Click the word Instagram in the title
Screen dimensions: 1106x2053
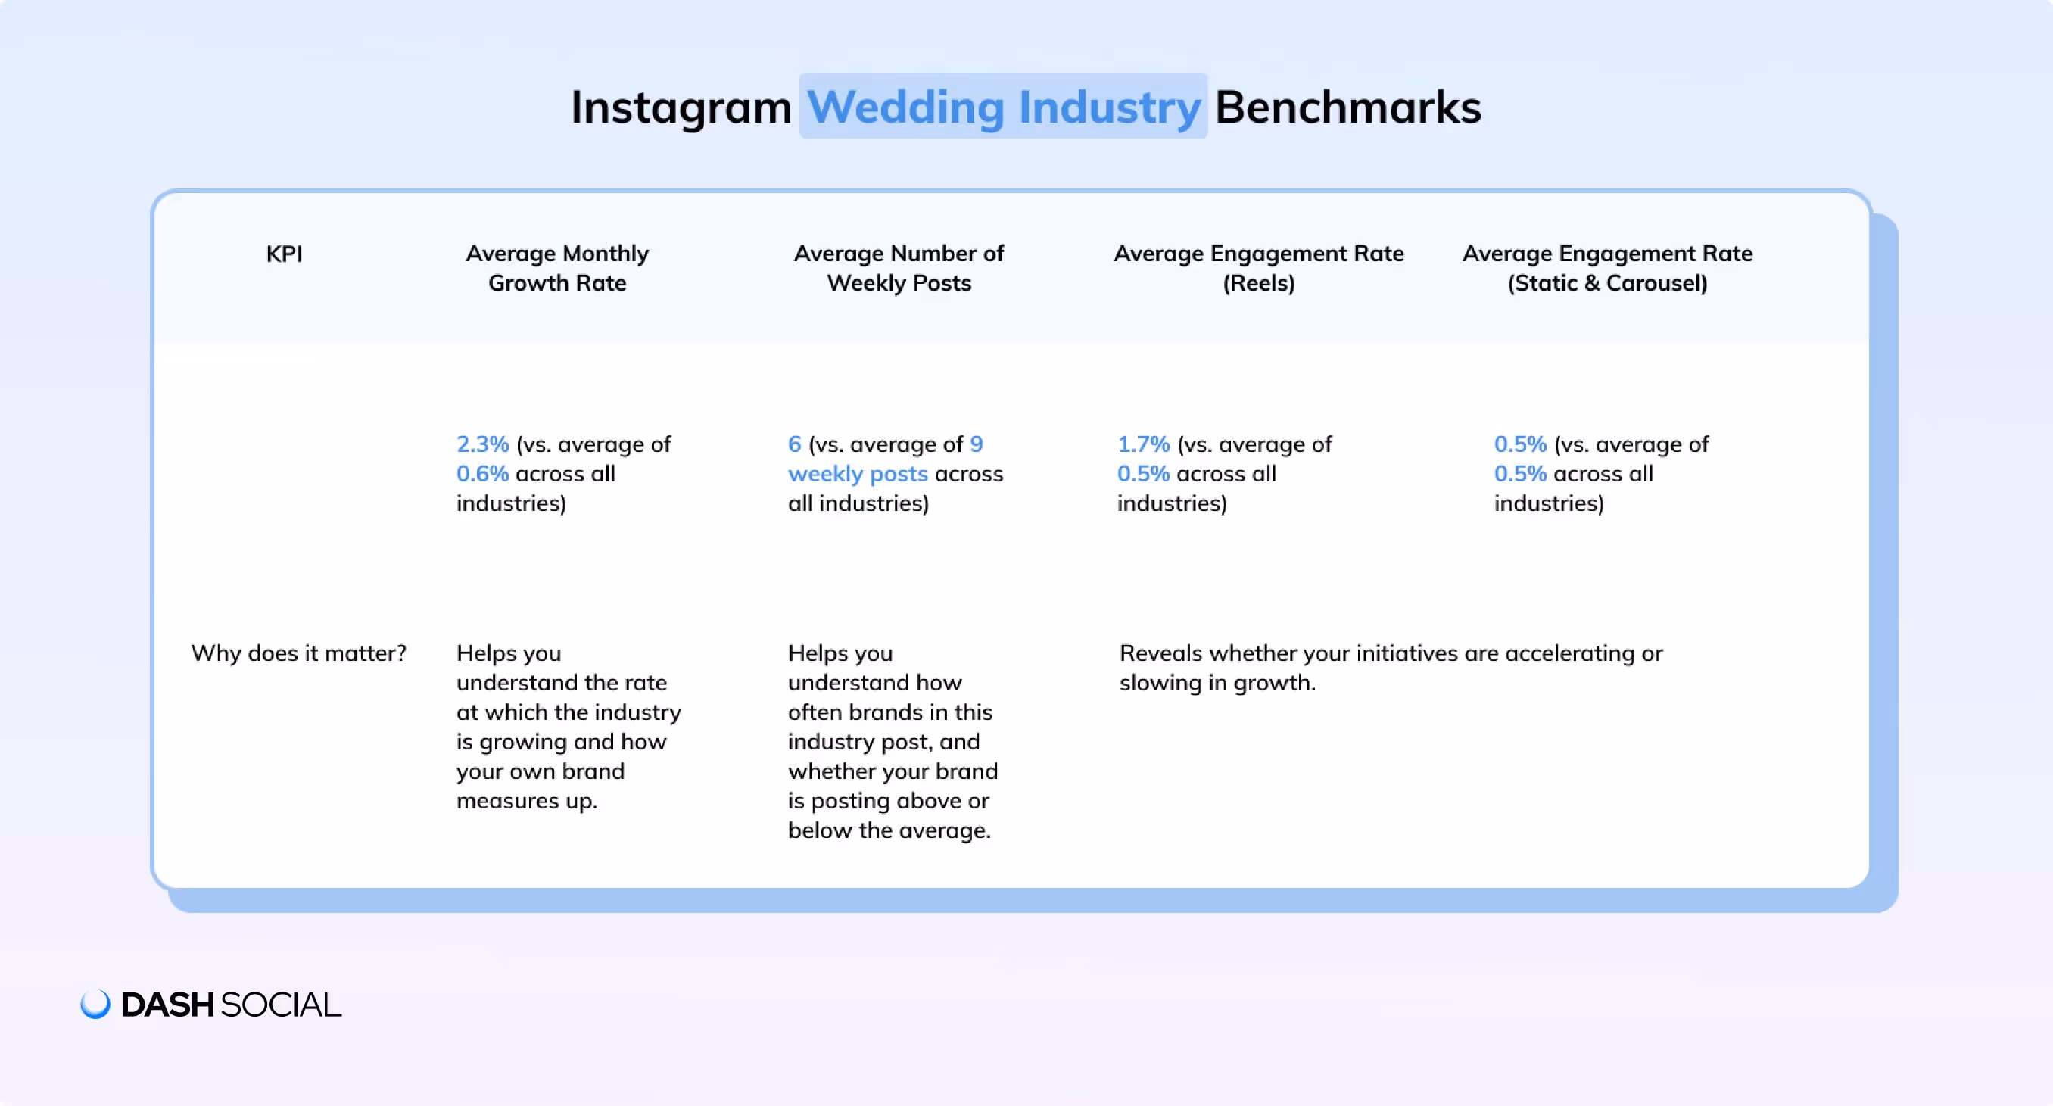681,107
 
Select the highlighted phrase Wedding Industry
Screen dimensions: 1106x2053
1003,107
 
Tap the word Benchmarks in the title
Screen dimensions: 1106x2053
1347,107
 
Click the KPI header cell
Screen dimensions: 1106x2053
284,254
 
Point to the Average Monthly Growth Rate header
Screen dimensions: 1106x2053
557,268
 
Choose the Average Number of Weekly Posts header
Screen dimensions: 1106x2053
899,268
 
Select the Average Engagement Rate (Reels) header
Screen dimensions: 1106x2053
1258,268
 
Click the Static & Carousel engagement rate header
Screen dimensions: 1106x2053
1606,268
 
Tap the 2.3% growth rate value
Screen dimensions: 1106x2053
482,444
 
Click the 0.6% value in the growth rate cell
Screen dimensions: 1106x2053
482,474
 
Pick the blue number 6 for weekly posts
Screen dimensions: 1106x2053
795,444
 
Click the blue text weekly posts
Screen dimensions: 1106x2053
858,474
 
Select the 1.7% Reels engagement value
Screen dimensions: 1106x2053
1143,444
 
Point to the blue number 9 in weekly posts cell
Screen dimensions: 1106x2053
977,444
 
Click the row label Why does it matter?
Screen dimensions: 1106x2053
299,653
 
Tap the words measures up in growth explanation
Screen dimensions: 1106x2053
527,801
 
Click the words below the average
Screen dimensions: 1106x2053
889,830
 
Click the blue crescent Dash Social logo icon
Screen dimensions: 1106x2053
95,1004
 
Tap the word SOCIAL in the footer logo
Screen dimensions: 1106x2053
281,1005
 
